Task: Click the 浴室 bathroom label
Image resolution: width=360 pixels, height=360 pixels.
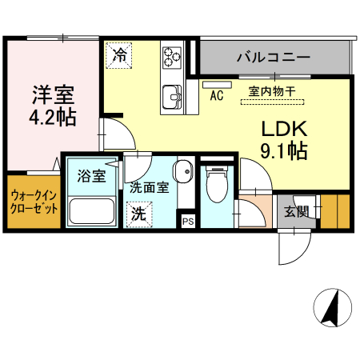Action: click(x=91, y=175)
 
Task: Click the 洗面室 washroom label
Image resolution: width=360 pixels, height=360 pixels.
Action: click(x=149, y=189)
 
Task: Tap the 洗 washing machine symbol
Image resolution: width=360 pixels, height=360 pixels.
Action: click(x=138, y=214)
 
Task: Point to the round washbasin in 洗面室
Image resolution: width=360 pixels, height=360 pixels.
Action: click(x=184, y=172)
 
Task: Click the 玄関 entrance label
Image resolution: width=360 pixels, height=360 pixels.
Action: click(x=296, y=211)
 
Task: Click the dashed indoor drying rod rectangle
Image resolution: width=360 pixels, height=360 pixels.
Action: click(x=272, y=102)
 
